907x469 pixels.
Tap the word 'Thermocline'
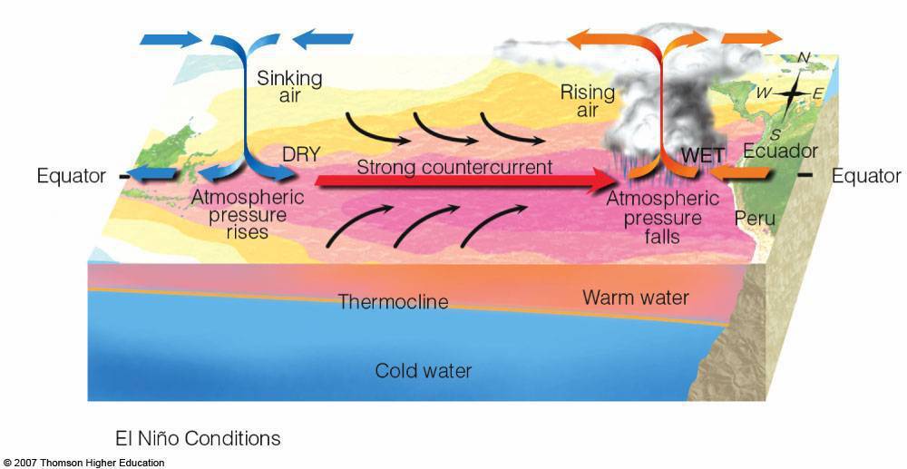click(393, 301)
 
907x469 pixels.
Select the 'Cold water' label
click(424, 370)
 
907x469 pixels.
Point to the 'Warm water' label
click(635, 297)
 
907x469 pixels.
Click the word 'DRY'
click(301, 155)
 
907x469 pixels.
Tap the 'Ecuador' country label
click(779, 151)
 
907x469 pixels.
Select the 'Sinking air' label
click(289, 88)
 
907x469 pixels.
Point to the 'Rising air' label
click(588, 101)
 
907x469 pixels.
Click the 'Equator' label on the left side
click(72, 176)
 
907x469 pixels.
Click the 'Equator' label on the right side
click(866, 176)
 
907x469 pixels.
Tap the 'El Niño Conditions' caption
click(198, 438)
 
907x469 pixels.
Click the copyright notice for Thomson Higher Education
click(83, 463)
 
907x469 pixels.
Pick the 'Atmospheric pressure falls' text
click(654, 219)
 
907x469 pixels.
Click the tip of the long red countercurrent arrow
click(613, 181)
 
